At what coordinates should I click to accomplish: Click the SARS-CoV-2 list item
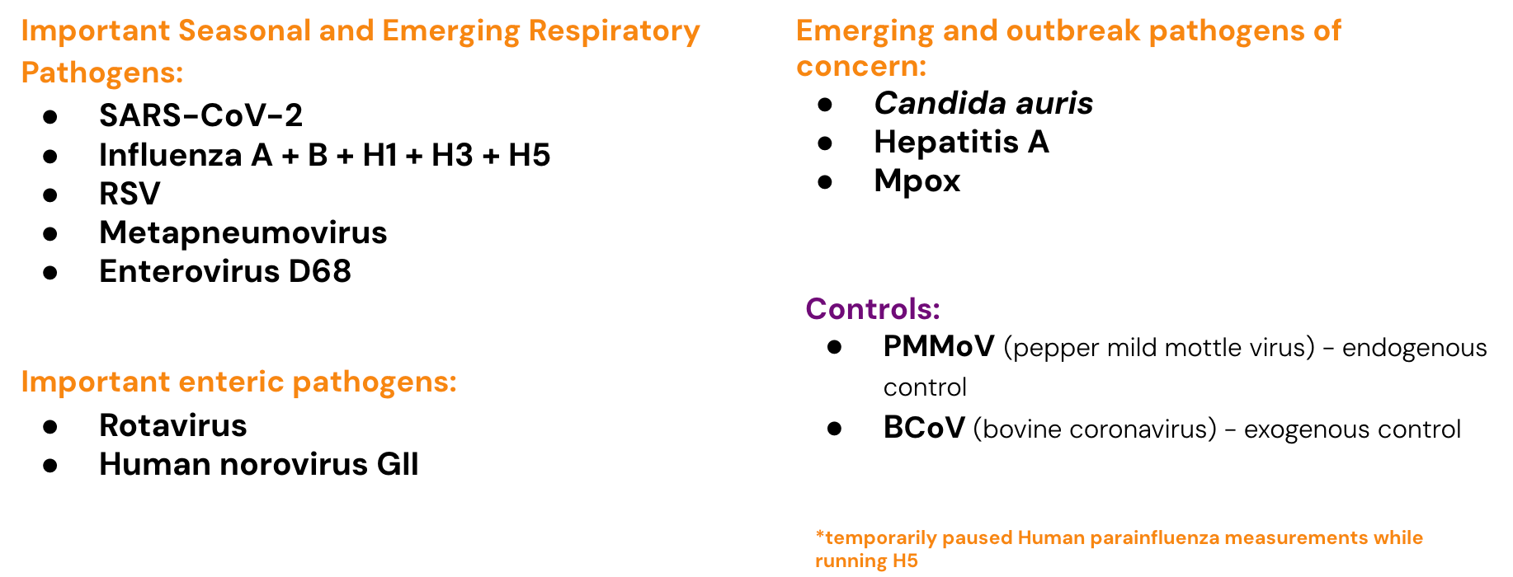[200, 115]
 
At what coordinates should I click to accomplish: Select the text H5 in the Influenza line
[529, 155]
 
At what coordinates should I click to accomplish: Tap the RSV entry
[130, 194]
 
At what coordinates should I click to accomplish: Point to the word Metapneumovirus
[243, 233]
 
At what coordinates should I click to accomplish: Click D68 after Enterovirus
[319, 271]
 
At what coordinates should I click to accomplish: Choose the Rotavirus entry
[172, 425]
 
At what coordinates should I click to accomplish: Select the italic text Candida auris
[983, 103]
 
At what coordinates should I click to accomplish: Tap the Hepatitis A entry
[961, 142]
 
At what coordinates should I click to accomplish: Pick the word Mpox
[917, 181]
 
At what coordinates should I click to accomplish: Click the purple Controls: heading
[873, 308]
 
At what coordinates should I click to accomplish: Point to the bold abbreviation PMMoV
[939, 347]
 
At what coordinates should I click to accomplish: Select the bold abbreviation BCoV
[924, 428]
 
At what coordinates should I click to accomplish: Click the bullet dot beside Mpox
[825, 182]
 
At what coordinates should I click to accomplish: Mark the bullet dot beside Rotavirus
[50, 426]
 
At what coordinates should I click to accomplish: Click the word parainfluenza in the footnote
[1154, 538]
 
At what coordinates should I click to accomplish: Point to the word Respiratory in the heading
[614, 32]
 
